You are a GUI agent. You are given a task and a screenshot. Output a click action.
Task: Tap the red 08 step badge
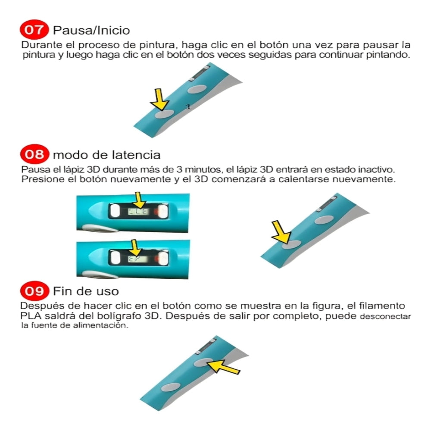point(33,154)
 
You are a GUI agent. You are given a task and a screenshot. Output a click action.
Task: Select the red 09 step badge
point(34,291)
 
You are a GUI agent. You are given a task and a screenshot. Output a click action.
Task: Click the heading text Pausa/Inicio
point(91,31)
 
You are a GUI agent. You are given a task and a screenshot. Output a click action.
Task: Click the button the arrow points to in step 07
point(164,114)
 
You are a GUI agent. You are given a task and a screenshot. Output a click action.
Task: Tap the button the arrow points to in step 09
point(202,362)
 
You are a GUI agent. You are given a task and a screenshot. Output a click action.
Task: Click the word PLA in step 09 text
point(29,316)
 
